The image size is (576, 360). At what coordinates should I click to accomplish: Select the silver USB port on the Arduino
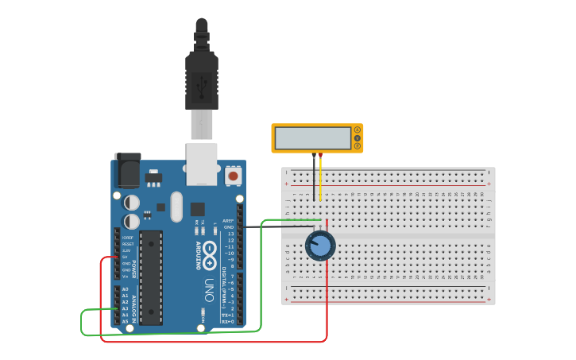(x=202, y=163)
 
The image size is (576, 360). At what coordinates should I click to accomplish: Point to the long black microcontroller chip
(x=152, y=277)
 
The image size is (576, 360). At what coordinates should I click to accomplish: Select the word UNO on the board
(x=209, y=285)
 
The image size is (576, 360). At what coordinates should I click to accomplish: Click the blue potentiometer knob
(x=320, y=246)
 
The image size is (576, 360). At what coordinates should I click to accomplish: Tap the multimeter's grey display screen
(x=312, y=138)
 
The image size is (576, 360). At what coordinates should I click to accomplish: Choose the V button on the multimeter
(x=358, y=138)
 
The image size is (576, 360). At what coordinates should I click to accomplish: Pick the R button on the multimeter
(x=358, y=146)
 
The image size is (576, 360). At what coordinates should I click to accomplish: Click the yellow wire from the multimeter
(x=320, y=179)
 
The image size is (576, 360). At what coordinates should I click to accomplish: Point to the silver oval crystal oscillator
(x=176, y=207)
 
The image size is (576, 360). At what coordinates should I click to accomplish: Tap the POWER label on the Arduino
(x=133, y=268)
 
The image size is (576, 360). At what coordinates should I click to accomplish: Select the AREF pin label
(x=228, y=220)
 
